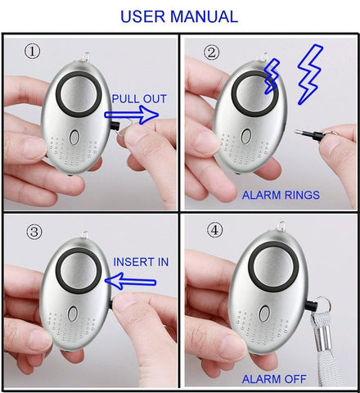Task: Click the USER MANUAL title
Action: tap(179, 16)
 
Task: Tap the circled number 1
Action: tap(32, 52)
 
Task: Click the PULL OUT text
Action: tap(139, 99)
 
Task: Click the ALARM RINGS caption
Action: tap(281, 196)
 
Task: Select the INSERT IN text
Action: tap(141, 262)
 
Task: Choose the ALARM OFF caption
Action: tap(273, 379)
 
